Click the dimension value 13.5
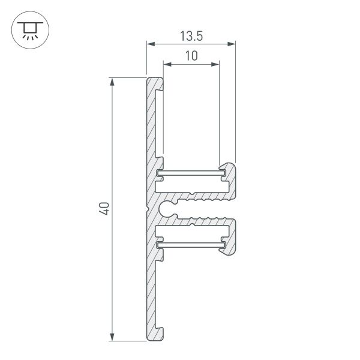[191, 35]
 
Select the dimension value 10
[191, 56]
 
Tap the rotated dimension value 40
[103, 209]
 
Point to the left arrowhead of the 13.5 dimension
[150, 44]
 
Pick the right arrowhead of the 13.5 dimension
[232, 44]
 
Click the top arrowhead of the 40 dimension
[112, 81]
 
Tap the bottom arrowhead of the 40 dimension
[112, 337]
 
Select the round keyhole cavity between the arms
[168, 209]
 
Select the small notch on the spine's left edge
[147, 209]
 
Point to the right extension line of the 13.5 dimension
[235, 102]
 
